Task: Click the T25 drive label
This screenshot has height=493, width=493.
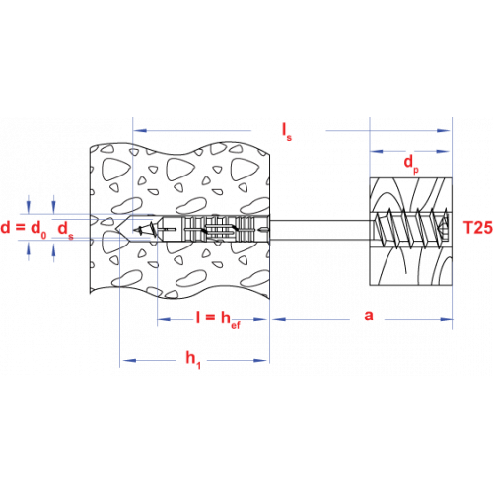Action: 477,228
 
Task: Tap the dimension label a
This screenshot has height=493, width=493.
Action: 369,316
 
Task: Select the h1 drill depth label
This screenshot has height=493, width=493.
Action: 193,360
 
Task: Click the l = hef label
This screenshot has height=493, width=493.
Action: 218,319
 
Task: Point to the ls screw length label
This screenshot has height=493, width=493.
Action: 287,131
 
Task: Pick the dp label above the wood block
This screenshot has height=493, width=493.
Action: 411,164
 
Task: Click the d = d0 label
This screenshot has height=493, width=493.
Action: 24,228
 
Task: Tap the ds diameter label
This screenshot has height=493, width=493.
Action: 65,230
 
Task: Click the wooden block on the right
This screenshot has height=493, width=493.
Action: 411,232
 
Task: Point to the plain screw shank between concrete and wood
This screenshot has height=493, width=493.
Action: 319,230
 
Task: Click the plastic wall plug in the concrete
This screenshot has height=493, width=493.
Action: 213,229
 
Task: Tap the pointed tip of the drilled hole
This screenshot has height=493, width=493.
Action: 115,228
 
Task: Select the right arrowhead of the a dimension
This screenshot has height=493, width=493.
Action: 446,319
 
